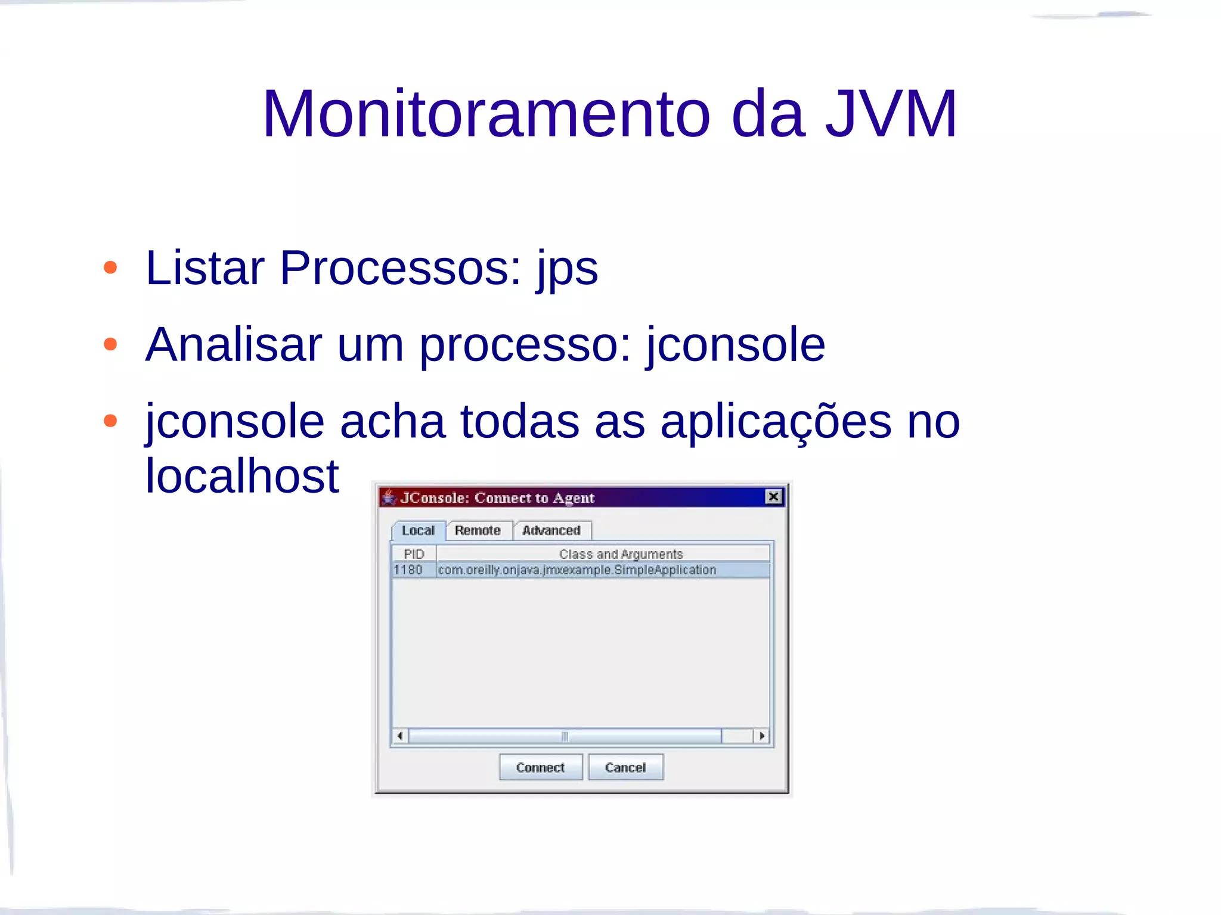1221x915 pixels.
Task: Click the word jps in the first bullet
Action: click(567, 269)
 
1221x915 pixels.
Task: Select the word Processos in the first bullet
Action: click(400, 268)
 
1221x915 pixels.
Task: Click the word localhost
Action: click(242, 476)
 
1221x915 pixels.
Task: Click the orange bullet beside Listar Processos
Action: click(110, 267)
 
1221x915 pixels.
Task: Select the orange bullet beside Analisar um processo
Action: click(110, 344)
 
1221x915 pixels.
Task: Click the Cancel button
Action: click(625, 767)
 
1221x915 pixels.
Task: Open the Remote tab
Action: click(478, 530)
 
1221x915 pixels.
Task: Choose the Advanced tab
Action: click(551, 530)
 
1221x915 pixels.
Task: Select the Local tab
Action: click(418, 530)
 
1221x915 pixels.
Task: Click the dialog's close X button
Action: click(773, 497)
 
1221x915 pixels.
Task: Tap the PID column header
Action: click(414, 554)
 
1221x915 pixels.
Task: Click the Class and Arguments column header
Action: click(621, 554)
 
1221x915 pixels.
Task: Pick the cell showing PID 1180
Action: click(408, 570)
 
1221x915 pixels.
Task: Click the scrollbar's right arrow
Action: click(761, 736)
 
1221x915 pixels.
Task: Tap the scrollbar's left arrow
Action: click(400, 736)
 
